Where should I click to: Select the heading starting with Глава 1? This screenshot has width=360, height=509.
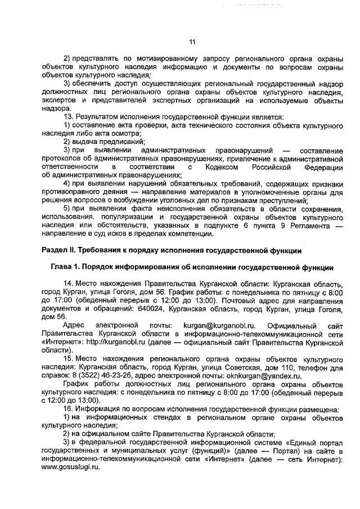click(x=188, y=267)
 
